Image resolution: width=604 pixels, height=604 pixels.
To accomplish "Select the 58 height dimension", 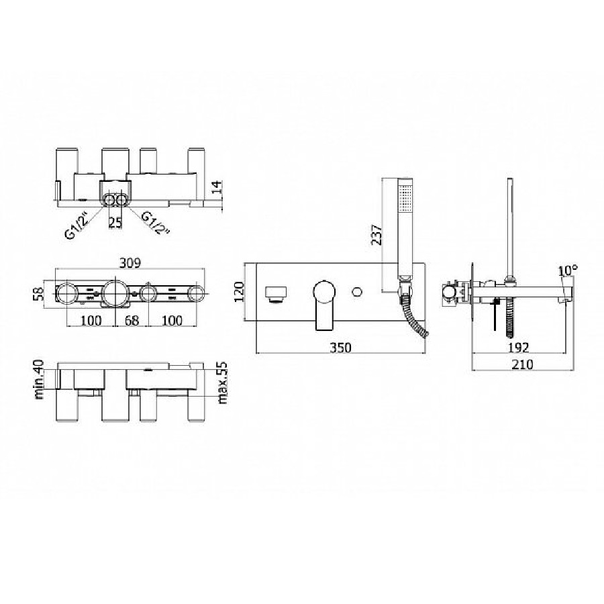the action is [38, 293].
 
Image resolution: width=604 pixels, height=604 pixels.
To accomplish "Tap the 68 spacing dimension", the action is [132, 320].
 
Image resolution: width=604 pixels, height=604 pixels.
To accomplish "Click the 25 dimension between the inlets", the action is [115, 222].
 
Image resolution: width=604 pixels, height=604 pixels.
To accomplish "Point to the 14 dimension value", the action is [217, 187].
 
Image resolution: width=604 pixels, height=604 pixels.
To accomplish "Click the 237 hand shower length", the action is [376, 235].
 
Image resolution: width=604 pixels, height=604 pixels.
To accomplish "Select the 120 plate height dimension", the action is [239, 292].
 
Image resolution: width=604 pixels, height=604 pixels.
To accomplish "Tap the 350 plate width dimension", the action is [340, 348].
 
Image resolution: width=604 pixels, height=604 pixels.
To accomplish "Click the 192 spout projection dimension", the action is [519, 348].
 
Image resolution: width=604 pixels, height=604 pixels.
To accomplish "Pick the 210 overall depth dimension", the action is [522, 364].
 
